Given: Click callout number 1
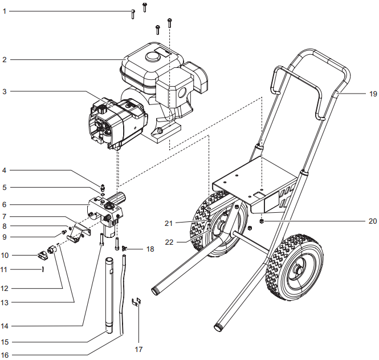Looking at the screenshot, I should (x=4, y=11).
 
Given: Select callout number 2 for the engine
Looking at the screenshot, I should (x=4, y=59).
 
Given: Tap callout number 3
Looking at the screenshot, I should (x=4, y=91).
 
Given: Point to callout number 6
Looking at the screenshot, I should (x=4, y=204).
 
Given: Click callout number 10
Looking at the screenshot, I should (x=5, y=254).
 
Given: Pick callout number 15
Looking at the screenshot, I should (x=5, y=342).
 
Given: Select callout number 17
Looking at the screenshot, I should (x=138, y=349).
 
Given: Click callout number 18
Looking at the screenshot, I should (x=150, y=249).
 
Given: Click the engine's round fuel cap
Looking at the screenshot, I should (x=152, y=58).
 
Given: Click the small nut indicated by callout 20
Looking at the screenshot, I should (x=262, y=220).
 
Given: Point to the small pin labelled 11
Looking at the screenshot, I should (x=43, y=269).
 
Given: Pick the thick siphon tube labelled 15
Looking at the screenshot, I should (x=111, y=297).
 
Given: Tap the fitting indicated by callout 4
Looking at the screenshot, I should (x=102, y=187).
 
